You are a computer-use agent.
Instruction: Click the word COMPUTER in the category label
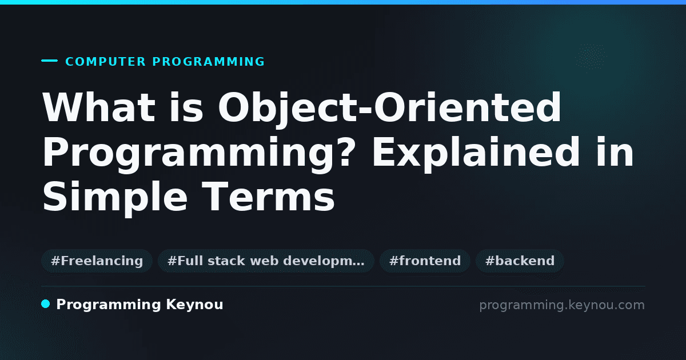pyautogui.click(x=105, y=62)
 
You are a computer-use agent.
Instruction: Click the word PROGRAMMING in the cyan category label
pyautogui.click(x=209, y=62)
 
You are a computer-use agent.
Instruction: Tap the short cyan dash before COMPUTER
pyautogui.click(x=49, y=61)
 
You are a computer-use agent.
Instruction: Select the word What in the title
pyautogui.click(x=98, y=107)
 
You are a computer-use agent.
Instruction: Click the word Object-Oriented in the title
pyautogui.click(x=389, y=109)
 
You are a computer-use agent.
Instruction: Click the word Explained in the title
pyautogui.click(x=476, y=154)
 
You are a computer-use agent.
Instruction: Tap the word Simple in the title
pyautogui.click(x=115, y=198)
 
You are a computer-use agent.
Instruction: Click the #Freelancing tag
pyautogui.click(x=97, y=261)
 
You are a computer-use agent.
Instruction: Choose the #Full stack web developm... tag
pyautogui.click(x=266, y=261)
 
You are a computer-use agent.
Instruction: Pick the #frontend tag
pyautogui.click(x=425, y=261)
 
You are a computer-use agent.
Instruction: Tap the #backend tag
pyautogui.click(x=520, y=261)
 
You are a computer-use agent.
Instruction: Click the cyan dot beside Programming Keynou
pyautogui.click(x=46, y=304)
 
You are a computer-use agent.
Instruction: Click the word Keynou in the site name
pyautogui.click(x=194, y=305)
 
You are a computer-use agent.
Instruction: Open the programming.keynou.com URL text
pyautogui.click(x=562, y=305)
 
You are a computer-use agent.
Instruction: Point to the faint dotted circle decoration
pyautogui.click(x=591, y=57)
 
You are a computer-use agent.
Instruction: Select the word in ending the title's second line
pyautogui.click(x=615, y=152)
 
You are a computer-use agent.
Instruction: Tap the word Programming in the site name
pyautogui.click(x=109, y=305)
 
